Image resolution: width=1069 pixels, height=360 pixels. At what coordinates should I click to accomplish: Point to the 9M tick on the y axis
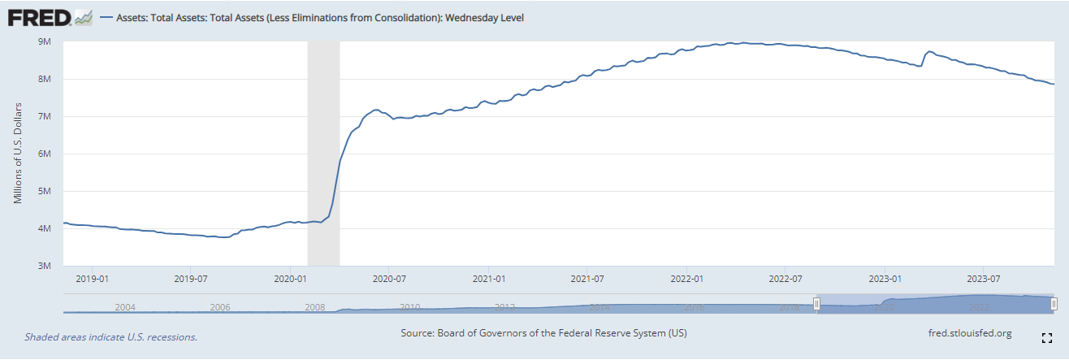45,41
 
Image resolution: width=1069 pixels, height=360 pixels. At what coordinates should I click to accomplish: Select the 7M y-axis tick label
45,116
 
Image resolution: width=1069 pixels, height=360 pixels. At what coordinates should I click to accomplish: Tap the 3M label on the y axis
45,266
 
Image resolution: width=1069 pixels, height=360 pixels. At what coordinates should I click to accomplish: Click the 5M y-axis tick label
45,191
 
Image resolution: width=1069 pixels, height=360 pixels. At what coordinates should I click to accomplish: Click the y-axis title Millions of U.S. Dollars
18,154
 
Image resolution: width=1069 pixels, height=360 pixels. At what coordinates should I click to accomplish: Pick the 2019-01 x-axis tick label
92,279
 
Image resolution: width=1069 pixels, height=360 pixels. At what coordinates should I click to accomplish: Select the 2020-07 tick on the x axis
389,279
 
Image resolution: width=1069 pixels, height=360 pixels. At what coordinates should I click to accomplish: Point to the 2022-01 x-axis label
687,279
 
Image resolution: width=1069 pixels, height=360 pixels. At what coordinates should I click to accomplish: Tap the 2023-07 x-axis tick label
984,279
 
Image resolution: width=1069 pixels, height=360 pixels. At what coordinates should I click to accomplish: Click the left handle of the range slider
817,303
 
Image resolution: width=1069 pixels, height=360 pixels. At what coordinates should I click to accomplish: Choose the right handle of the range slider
1054,303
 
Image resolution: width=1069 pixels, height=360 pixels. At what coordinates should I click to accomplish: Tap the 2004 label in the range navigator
125,307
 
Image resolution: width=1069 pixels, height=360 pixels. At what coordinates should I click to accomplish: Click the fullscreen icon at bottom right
1047,336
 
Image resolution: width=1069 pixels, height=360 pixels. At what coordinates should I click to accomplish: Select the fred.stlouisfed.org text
969,333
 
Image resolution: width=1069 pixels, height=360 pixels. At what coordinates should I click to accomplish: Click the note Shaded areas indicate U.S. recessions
111,336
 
